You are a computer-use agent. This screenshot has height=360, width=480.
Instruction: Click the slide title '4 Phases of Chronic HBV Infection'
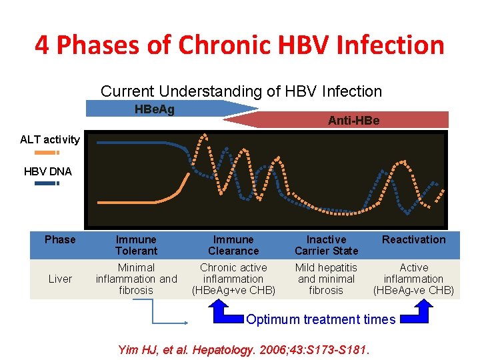(239, 45)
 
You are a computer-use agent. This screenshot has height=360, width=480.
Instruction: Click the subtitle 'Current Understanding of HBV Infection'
(241, 91)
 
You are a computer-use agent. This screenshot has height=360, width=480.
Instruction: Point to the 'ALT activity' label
(50, 139)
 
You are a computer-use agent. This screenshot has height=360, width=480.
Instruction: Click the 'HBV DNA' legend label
(47, 171)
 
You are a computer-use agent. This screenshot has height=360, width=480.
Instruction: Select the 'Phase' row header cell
(60, 240)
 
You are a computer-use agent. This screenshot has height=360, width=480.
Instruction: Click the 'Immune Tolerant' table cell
(136, 245)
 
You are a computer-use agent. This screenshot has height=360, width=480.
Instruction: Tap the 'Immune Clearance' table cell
(233, 245)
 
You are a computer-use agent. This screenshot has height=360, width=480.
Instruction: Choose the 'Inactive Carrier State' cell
(327, 245)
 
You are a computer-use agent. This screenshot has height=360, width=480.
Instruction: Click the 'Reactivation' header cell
(413, 240)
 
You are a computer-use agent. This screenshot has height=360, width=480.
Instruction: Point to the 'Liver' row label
(60, 279)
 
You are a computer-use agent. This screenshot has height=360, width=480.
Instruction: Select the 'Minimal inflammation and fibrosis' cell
(136, 279)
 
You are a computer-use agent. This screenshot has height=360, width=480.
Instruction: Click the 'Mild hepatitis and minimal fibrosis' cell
(327, 279)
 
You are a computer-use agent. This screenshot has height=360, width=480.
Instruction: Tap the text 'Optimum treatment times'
(321, 319)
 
